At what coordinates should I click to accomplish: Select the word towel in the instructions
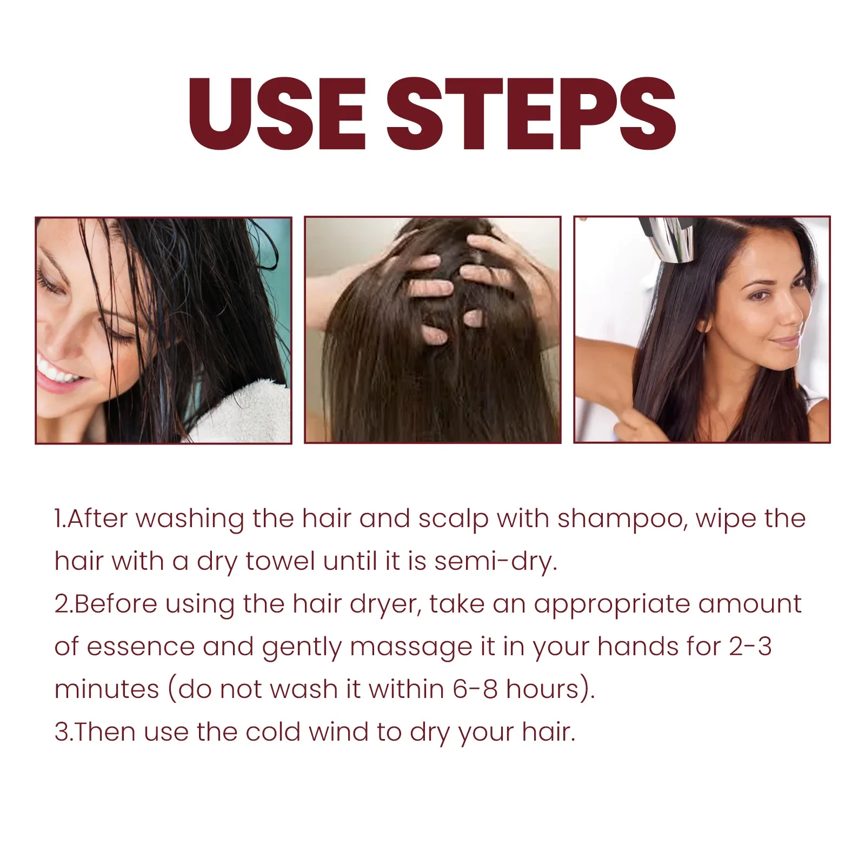click(x=280, y=562)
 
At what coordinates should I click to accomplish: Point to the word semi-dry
click(x=496, y=562)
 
